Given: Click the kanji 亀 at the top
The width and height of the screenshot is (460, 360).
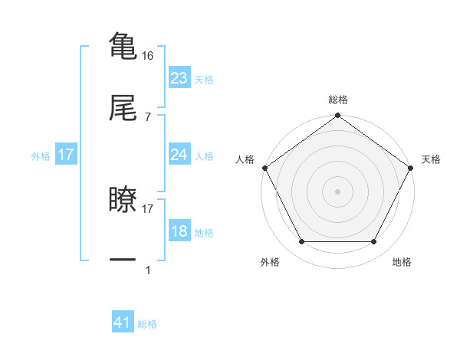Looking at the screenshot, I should pos(123,46).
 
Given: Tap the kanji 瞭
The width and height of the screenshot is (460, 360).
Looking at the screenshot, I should pos(123,200).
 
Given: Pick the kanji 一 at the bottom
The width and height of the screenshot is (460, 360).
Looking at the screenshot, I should pos(123,260).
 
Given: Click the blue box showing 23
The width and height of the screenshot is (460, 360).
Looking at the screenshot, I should pos(179,77).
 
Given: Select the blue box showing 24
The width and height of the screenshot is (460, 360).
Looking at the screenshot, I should pos(179,155).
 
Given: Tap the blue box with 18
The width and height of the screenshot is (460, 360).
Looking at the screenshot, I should pos(179,232).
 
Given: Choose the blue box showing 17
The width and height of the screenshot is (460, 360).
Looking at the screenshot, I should pos(66,155).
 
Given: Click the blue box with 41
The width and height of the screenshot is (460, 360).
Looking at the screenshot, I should pos(123,322).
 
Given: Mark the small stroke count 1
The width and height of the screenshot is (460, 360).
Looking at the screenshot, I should pos(148,270).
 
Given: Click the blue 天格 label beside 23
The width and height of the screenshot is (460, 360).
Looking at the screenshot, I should pos(203,79).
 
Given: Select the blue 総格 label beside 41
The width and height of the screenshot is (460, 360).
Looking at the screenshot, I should pos(147,324).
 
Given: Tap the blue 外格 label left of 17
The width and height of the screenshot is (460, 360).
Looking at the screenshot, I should pos(41,156).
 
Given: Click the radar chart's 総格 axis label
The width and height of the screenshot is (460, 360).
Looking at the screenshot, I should pos(337,100).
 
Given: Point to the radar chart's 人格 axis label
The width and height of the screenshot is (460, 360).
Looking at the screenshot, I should pos(245,159).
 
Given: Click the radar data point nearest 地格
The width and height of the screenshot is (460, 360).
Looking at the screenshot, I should pos(374,242).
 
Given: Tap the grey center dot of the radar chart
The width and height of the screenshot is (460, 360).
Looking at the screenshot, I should pos(337,191).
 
